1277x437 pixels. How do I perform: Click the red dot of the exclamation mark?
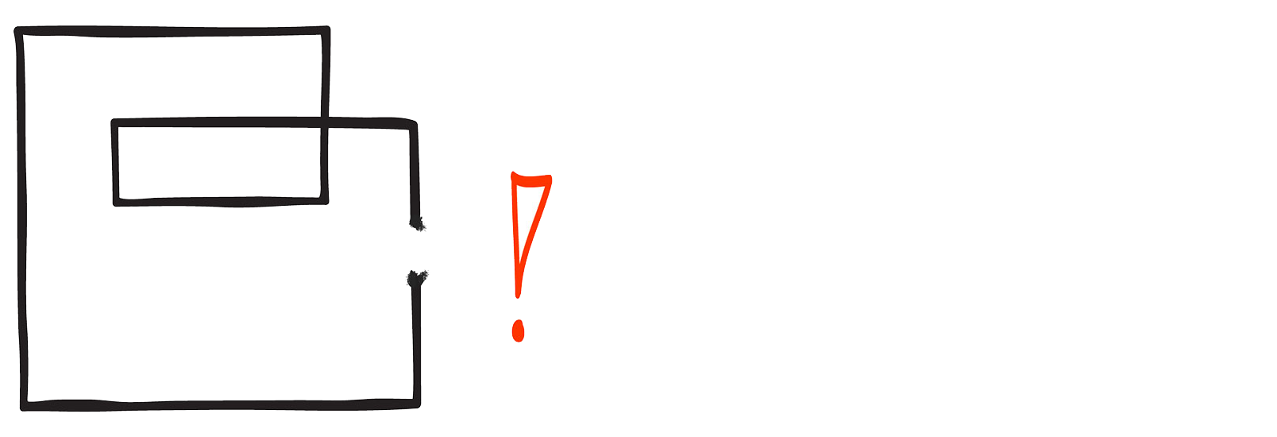click(x=518, y=330)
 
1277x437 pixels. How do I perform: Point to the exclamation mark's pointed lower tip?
click(x=517, y=296)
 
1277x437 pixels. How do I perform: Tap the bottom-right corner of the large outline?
click(x=415, y=404)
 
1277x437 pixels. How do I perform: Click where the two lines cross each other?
click(x=324, y=123)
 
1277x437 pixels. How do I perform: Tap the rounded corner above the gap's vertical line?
click(x=412, y=124)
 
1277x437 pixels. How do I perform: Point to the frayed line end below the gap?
click(x=416, y=278)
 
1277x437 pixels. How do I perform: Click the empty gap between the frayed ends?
click(x=417, y=252)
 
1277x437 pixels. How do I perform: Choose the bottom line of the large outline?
click(x=222, y=406)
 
